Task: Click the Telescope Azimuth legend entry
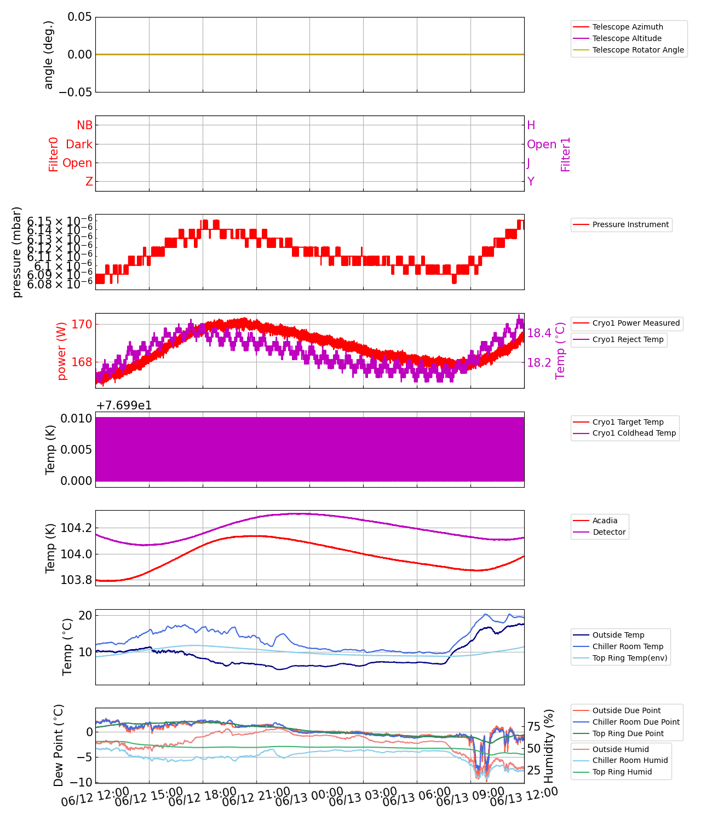(628, 27)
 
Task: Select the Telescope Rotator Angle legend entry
(638, 50)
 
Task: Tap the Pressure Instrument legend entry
(630, 224)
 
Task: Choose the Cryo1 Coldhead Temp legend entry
(634, 433)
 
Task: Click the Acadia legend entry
(605, 521)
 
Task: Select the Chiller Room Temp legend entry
(628, 646)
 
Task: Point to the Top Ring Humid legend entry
(622, 772)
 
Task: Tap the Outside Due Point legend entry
(627, 710)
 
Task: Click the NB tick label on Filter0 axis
(85, 125)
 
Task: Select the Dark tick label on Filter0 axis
(79, 144)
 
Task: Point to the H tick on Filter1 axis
(531, 125)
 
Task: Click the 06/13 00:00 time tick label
(309, 796)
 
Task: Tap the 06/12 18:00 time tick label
(203, 796)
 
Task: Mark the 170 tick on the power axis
(82, 324)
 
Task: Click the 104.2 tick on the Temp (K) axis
(76, 528)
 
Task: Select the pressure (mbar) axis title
(17, 252)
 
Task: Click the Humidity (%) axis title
(549, 745)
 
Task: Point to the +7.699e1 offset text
(124, 406)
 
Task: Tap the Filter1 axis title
(566, 154)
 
